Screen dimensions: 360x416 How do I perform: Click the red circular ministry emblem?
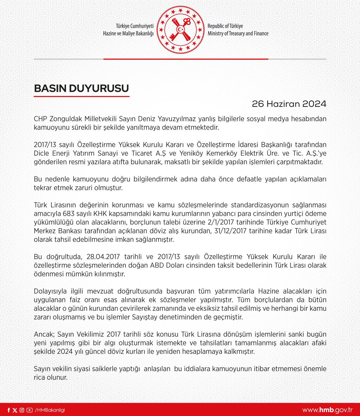pyautogui.click(x=180, y=29)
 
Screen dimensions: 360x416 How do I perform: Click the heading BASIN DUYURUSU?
pyautogui.click(x=81, y=88)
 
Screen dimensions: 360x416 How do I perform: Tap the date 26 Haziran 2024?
pyautogui.click(x=289, y=104)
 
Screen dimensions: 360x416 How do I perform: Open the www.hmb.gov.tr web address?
pyautogui.click(x=327, y=410)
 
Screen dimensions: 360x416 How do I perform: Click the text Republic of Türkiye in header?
pyautogui.click(x=225, y=26)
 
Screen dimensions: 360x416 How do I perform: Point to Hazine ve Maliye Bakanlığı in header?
pyautogui.click(x=128, y=34)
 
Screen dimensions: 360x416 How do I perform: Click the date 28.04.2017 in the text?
pyautogui.click(x=103, y=257)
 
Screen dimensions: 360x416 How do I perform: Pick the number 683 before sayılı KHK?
pyautogui.click(x=68, y=214)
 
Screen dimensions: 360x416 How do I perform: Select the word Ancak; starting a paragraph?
pyautogui.click(x=44, y=334)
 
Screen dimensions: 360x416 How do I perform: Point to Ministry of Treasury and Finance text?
pyautogui.click(x=238, y=34)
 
